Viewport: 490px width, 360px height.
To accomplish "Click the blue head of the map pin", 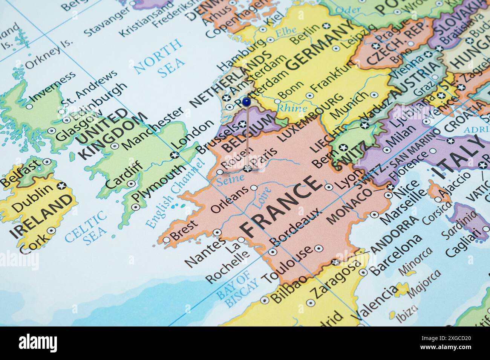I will [246, 101].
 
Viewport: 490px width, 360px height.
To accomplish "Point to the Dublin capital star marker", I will [61, 186].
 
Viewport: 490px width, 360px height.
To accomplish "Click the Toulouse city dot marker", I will [318, 248].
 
